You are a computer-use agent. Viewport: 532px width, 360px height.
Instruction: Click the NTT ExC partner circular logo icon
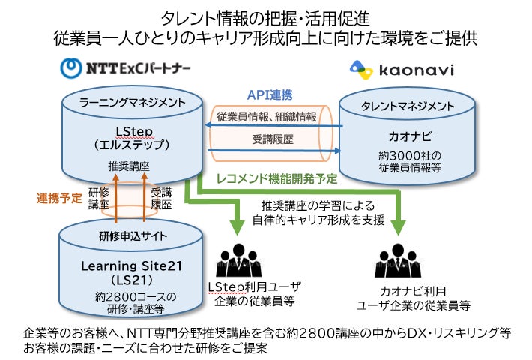click(71, 69)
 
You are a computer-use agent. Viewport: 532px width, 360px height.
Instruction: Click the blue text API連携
click(270, 94)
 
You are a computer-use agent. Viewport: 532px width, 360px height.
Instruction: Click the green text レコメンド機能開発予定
click(280, 180)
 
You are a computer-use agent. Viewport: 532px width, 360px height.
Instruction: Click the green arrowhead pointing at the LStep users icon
click(240, 226)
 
